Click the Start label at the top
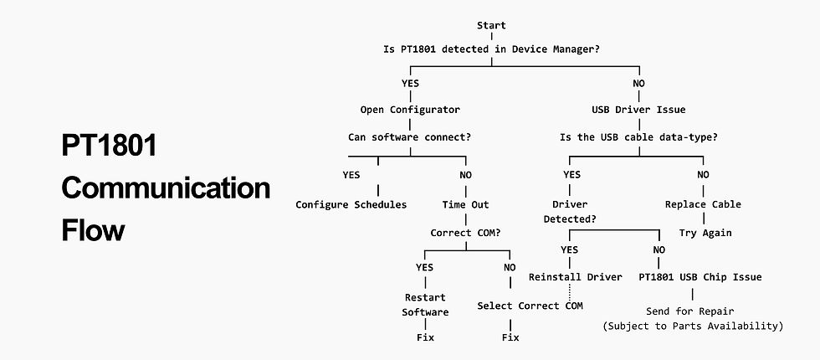pyautogui.click(x=490, y=26)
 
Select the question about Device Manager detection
pyautogui.click(x=490, y=49)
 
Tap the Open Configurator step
pyautogui.click(x=410, y=110)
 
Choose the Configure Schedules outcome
pyautogui.click(x=351, y=204)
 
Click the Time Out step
pyautogui.click(x=465, y=204)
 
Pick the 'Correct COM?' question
pyautogui.click(x=465, y=232)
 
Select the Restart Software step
pyautogui.click(x=425, y=305)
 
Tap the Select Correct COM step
pyautogui.click(x=530, y=306)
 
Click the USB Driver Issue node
pyautogui.click(x=639, y=110)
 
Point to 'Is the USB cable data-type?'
pyautogui.click(x=639, y=136)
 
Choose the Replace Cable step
pyautogui.click(x=703, y=204)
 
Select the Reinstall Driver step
pyautogui.click(x=575, y=277)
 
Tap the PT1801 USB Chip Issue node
pyautogui.click(x=700, y=277)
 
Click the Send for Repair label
pyautogui.click(x=692, y=311)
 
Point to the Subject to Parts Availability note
pyautogui.click(x=692, y=326)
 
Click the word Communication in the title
pyautogui.click(x=166, y=188)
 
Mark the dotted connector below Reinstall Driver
pyautogui.click(x=569, y=292)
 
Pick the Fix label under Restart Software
pyautogui.click(x=425, y=337)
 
